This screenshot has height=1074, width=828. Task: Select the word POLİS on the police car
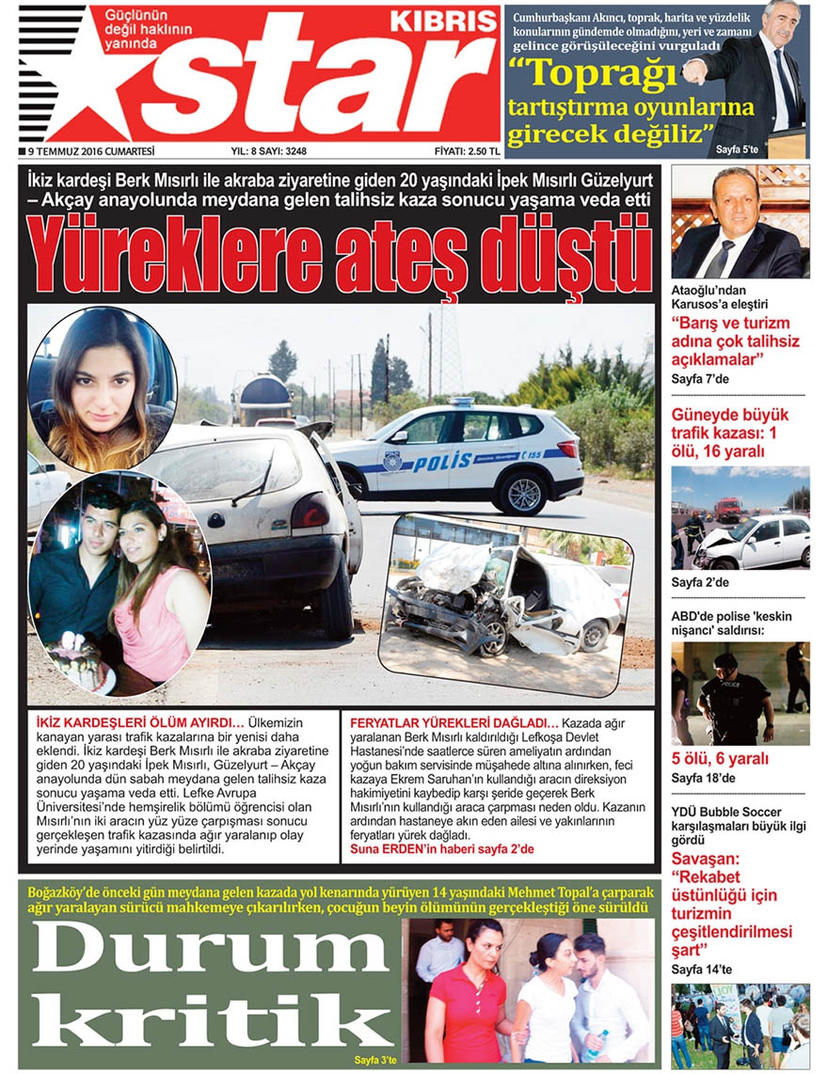pyautogui.click(x=443, y=462)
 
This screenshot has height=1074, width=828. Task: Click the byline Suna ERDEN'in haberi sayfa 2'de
pyautogui.click(x=440, y=848)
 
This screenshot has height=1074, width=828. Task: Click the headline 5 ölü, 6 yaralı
pyautogui.click(x=720, y=758)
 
